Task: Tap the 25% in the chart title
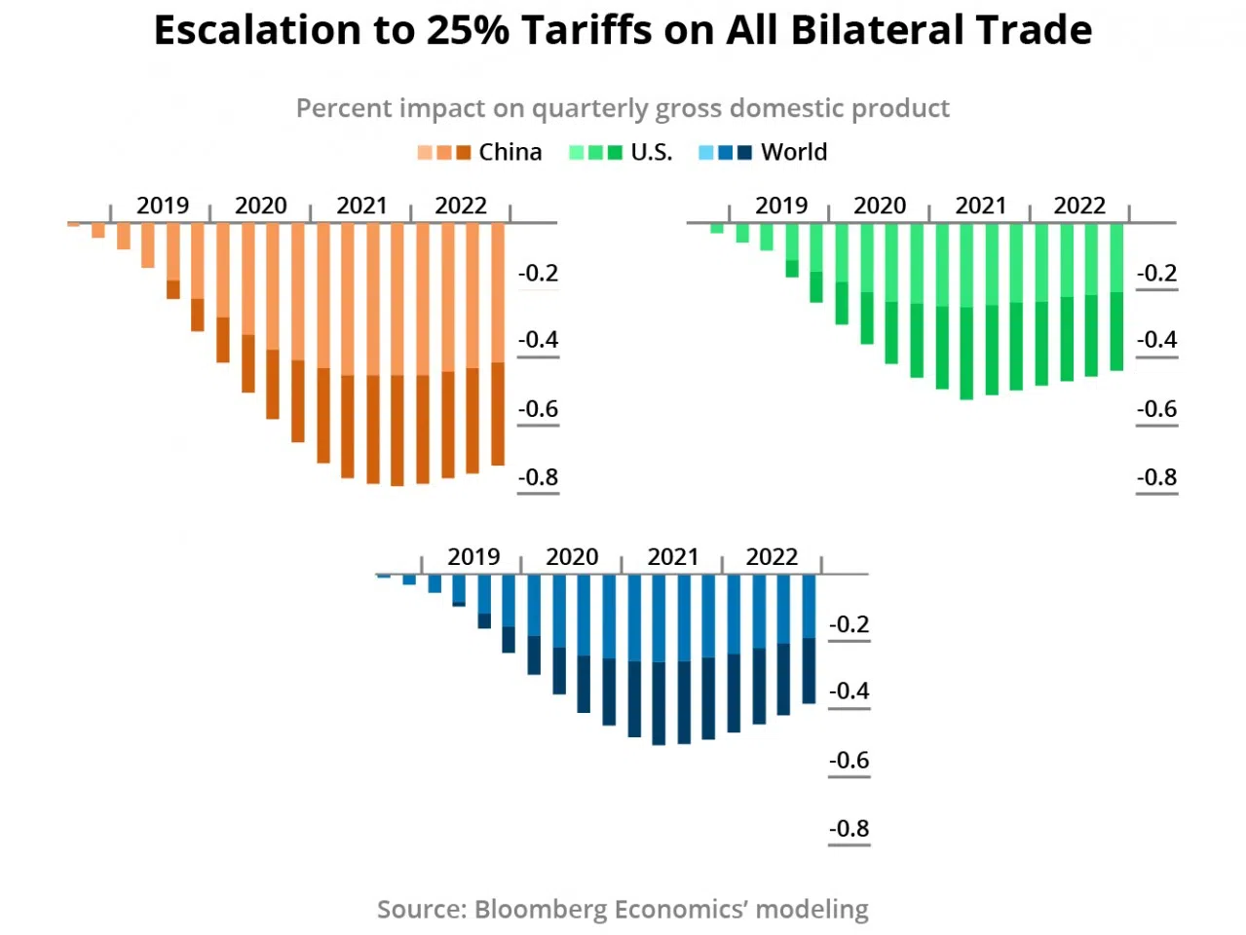467,31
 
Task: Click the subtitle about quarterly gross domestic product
623,108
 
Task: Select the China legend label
510,152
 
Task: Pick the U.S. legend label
651,152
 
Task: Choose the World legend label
794,152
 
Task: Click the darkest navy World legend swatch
745,153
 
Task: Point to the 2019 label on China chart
162,206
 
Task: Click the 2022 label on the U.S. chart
1079,206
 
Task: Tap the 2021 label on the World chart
672,557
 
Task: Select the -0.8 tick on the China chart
538,477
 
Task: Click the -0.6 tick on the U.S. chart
1156,409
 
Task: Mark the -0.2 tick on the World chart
849,624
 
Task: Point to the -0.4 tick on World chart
849,692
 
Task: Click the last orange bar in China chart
498,341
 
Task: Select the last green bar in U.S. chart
1116,292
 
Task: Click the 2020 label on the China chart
260,206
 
